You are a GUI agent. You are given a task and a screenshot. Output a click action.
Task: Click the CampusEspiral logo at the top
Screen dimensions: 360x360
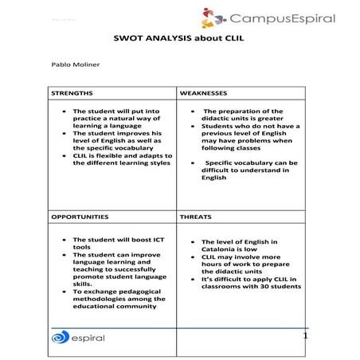pyautogui.click(x=268, y=18)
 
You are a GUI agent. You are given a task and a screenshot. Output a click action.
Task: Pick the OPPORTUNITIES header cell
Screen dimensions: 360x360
pyautogui.click(x=80, y=217)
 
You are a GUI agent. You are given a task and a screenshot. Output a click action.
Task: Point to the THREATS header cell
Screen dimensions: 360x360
pyautogui.click(x=196, y=217)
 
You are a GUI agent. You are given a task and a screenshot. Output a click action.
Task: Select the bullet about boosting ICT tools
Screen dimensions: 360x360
pyautogui.click(x=112, y=243)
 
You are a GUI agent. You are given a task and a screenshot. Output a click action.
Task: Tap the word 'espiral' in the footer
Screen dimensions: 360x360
pyautogui.click(x=87, y=338)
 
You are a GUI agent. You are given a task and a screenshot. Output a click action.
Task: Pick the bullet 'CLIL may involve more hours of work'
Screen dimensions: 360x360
pyautogui.click(x=243, y=264)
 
